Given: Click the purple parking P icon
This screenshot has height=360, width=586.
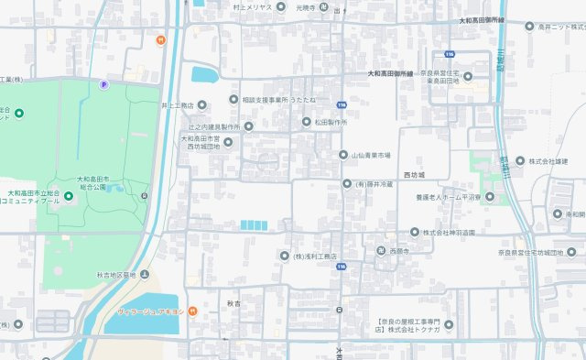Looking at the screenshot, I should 103,84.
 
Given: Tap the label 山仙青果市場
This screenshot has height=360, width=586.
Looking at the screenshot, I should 371,155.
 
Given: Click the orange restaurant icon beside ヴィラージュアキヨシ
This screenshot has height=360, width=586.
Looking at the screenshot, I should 193,311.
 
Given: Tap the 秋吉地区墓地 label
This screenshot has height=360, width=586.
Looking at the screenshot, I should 115,275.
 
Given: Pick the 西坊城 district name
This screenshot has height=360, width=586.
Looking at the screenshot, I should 415,173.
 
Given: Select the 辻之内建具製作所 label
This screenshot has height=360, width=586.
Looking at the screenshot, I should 213,126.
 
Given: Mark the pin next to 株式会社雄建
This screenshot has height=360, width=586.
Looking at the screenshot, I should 520,161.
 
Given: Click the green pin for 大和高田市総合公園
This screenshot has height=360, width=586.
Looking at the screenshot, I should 69,197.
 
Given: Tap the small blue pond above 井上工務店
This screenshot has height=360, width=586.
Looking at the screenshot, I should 205,74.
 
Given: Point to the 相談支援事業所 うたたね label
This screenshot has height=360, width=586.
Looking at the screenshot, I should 278,99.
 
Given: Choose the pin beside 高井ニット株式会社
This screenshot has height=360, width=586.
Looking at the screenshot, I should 529,27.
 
